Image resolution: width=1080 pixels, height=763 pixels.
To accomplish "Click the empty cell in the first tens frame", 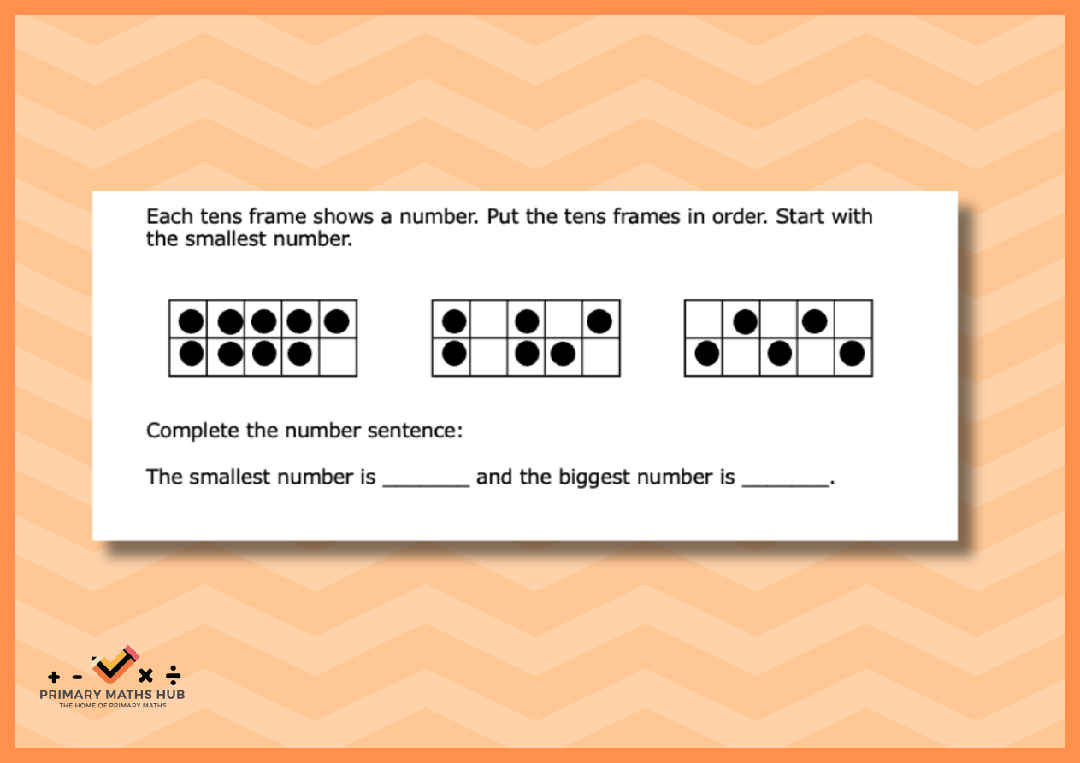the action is (x=338, y=357).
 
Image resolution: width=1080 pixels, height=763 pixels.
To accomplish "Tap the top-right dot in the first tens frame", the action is (x=337, y=321).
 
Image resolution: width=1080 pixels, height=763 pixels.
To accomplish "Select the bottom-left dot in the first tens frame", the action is (x=192, y=354).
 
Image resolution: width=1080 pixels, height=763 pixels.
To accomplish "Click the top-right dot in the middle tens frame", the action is (x=599, y=321).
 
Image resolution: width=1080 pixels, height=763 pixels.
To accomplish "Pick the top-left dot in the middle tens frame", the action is (x=454, y=321).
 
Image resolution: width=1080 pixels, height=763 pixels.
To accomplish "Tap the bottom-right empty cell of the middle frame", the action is (x=601, y=357).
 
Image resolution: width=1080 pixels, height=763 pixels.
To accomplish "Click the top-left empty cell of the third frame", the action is (x=704, y=320).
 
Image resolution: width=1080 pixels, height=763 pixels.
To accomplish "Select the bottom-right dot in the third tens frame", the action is (x=852, y=354).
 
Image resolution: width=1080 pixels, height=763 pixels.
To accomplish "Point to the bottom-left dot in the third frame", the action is (x=707, y=354).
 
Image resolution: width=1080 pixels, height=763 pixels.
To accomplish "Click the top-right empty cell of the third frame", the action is (x=853, y=320).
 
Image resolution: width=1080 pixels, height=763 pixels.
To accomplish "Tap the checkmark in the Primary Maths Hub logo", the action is (x=115, y=664).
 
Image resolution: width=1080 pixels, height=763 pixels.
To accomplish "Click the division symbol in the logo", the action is (x=173, y=675).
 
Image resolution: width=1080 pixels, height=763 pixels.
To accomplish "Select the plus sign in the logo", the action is (x=54, y=677).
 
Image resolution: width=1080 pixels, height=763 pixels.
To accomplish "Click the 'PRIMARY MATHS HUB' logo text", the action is (x=112, y=694).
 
